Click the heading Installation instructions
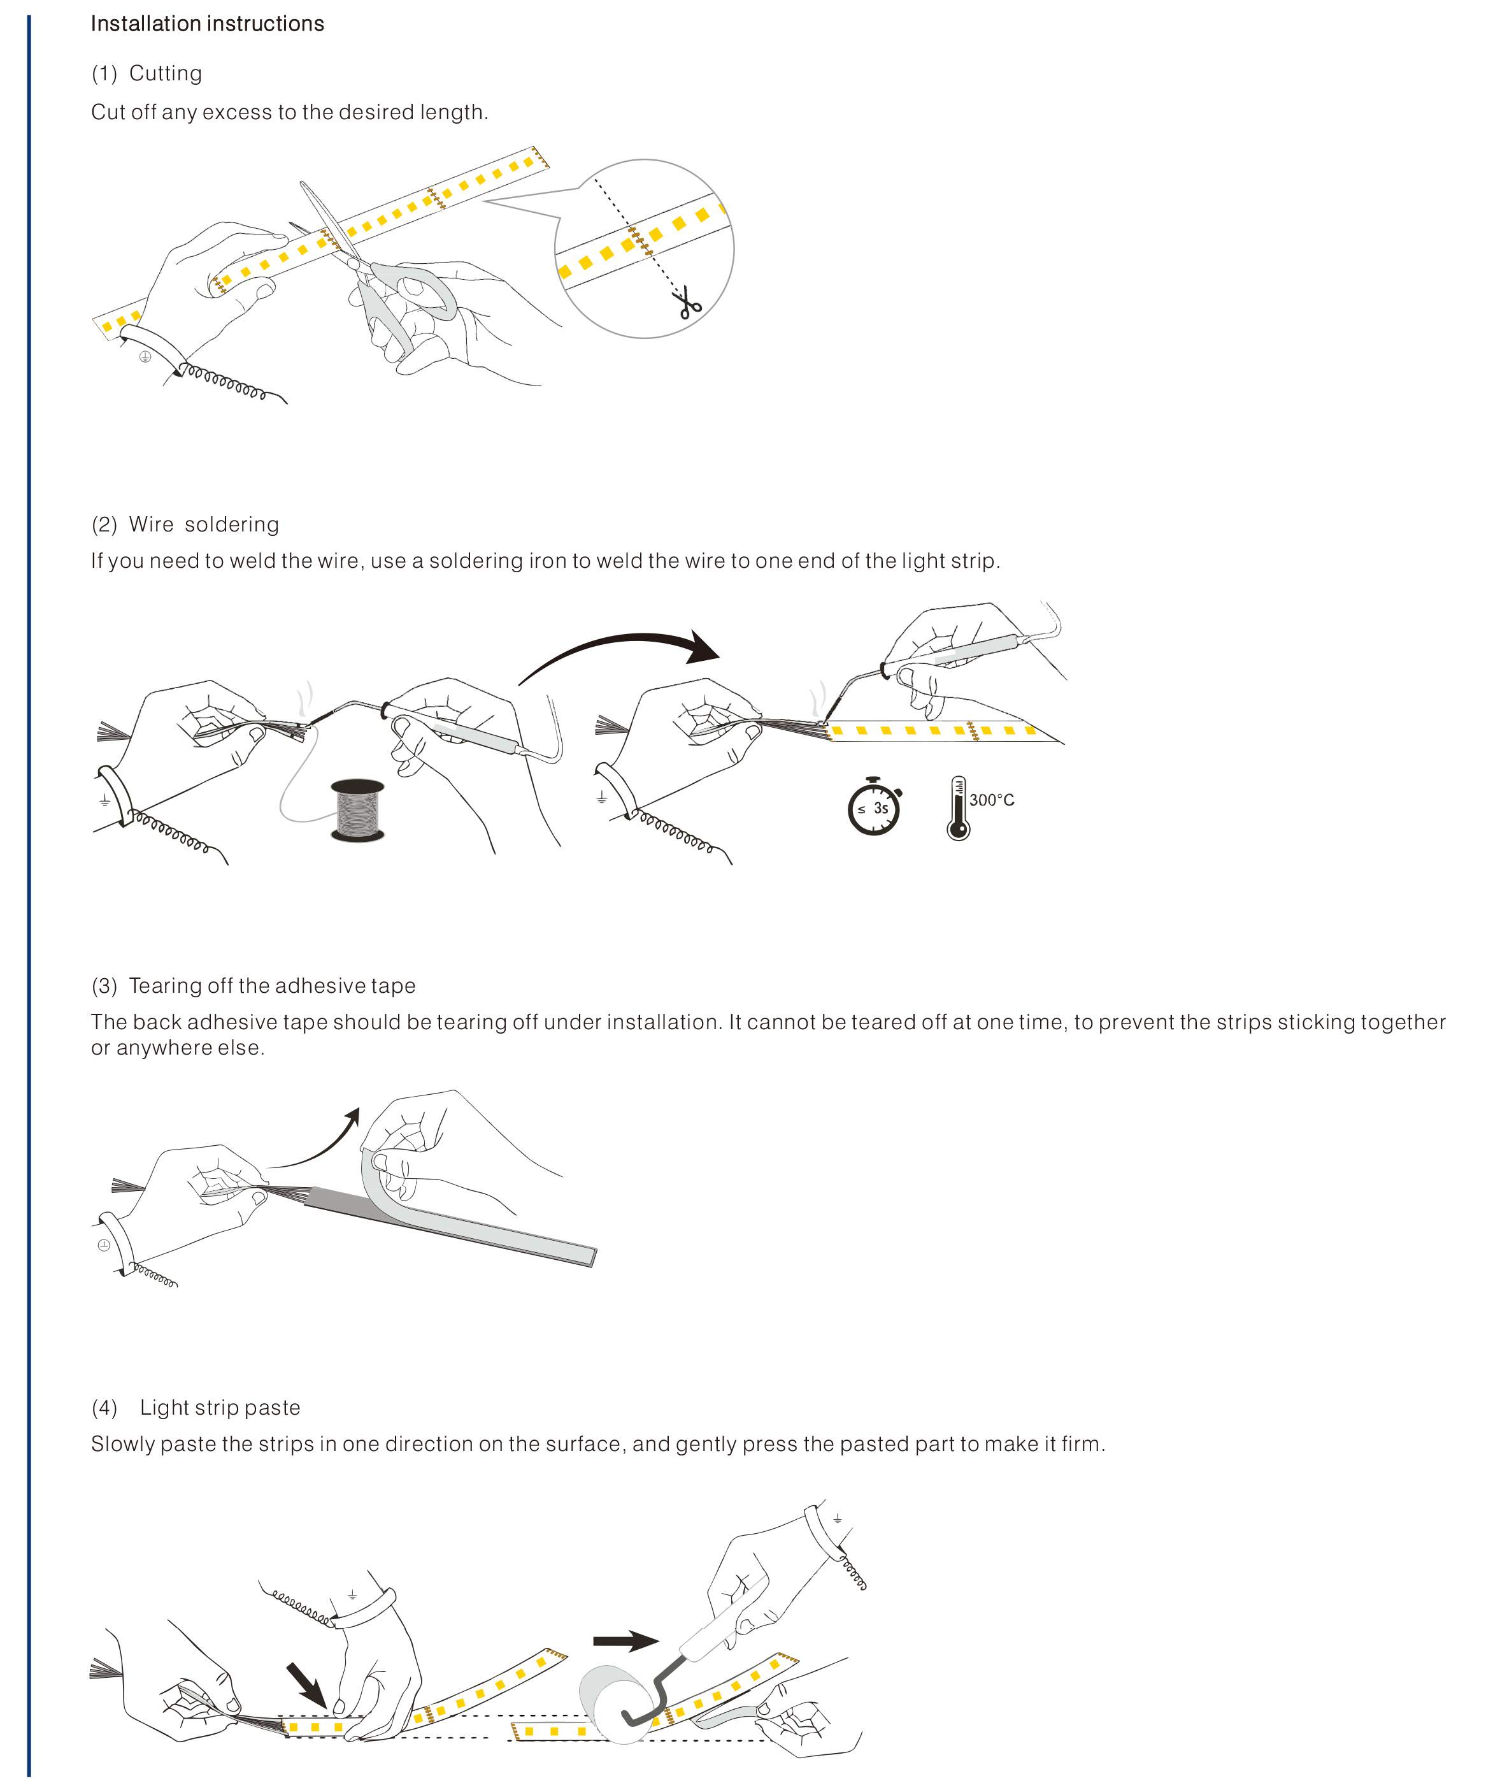207,24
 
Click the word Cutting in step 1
166,73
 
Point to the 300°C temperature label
992,800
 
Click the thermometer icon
959,808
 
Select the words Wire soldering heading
204,524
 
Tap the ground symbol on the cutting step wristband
145,356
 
